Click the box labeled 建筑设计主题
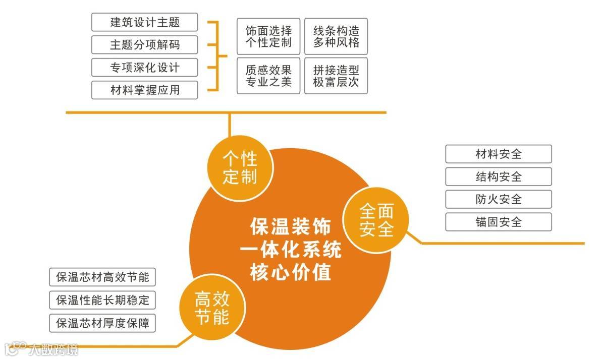click(x=144, y=22)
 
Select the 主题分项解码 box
click(x=144, y=45)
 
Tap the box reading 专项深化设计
click(x=144, y=67)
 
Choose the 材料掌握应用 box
click(x=144, y=90)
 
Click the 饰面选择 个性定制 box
click(x=268, y=36)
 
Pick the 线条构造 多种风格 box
click(x=336, y=36)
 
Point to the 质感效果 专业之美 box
click(x=268, y=76)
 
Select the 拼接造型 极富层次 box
click(x=336, y=76)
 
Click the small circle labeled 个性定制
click(x=240, y=168)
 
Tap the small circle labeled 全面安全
click(x=376, y=220)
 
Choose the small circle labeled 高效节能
click(x=212, y=309)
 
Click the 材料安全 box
click(x=498, y=154)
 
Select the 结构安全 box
click(x=498, y=176)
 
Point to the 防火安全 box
click(x=498, y=199)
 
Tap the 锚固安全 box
click(x=498, y=222)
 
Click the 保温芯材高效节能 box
click(x=102, y=277)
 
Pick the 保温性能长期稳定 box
click(x=102, y=300)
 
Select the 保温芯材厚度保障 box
click(x=102, y=323)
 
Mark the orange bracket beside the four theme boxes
click(x=217, y=55)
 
